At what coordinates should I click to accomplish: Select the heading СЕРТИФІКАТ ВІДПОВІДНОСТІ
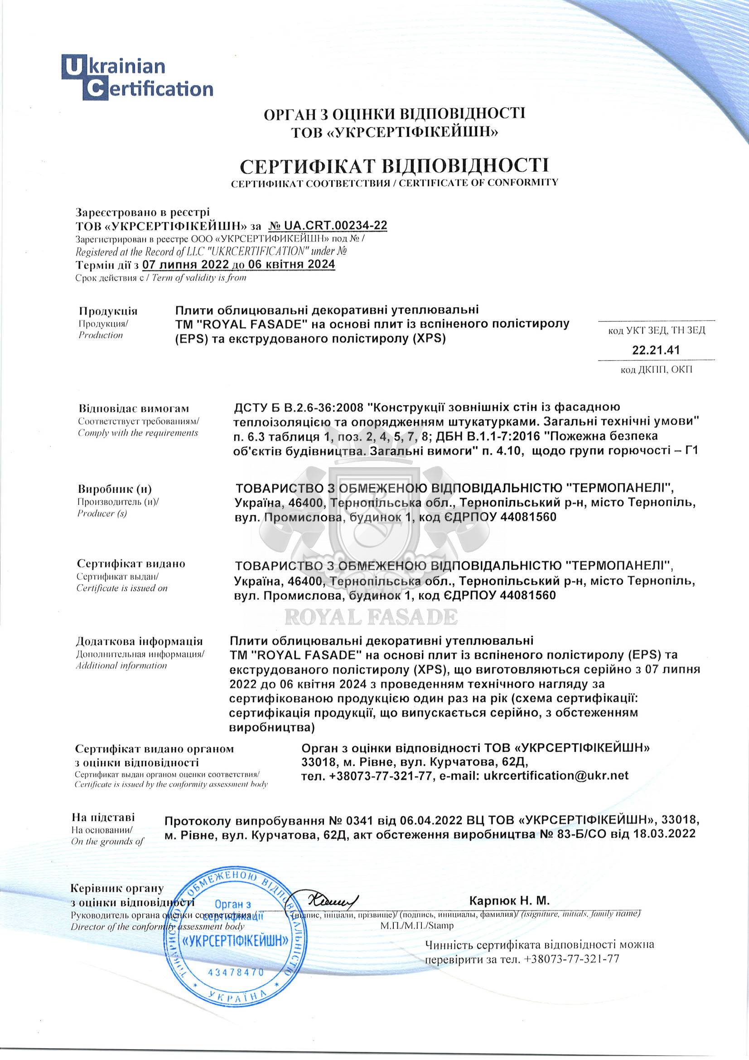(x=395, y=165)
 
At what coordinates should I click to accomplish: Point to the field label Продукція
(x=108, y=311)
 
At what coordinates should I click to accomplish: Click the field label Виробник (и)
(x=115, y=489)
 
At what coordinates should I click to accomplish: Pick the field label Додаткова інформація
(x=139, y=641)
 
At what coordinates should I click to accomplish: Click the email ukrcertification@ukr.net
(x=556, y=775)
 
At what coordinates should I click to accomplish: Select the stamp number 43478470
(x=236, y=972)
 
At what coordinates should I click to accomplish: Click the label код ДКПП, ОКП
(x=656, y=369)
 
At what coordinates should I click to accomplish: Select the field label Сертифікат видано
(x=131, y=564)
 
